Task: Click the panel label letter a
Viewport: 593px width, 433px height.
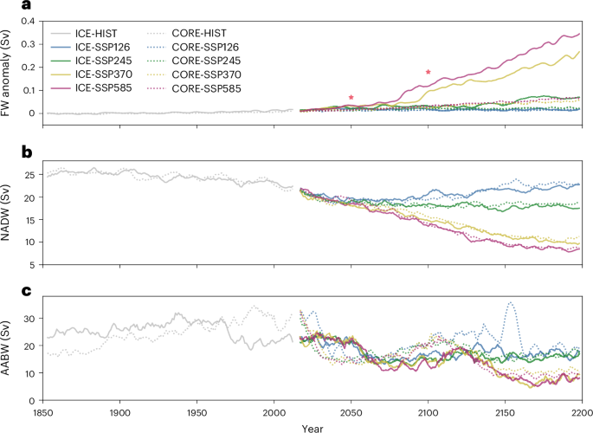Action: (x=6, y=7)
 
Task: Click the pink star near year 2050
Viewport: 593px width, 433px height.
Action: (x=351, y=98)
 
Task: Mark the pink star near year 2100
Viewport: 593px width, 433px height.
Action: (x=428, y=72)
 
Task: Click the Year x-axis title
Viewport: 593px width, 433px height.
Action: (x=313, y=427)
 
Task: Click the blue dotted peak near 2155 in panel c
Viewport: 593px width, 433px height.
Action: (x=511, y=303)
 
